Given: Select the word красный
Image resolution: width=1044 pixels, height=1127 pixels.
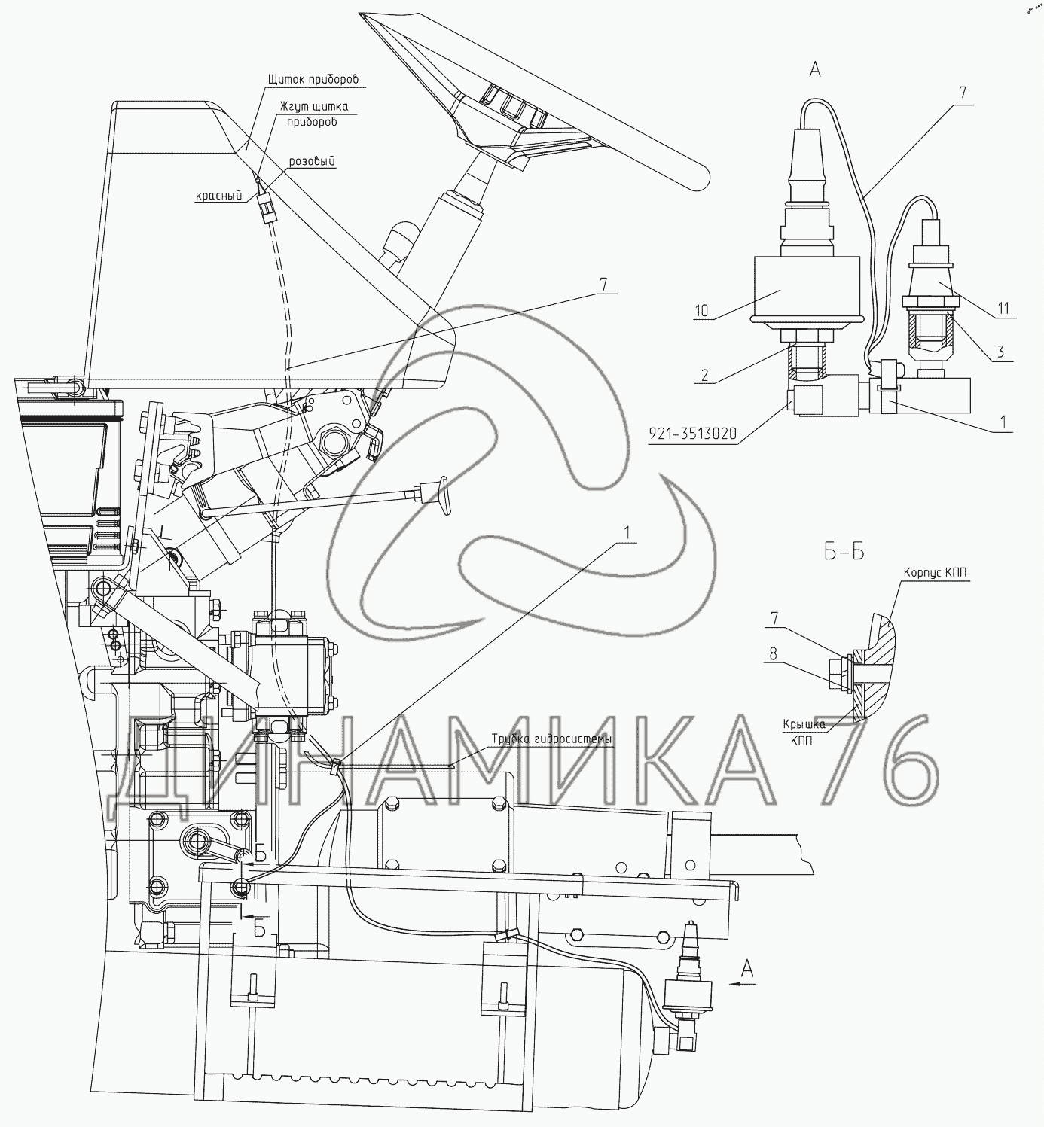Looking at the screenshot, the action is (x=218, y=196).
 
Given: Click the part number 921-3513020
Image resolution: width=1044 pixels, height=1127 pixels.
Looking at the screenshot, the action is (x=691, y=435).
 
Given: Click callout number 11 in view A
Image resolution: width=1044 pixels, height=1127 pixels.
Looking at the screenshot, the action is (x=1002, y=308).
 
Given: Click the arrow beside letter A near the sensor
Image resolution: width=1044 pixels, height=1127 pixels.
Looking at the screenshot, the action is (x=744, y=982).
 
